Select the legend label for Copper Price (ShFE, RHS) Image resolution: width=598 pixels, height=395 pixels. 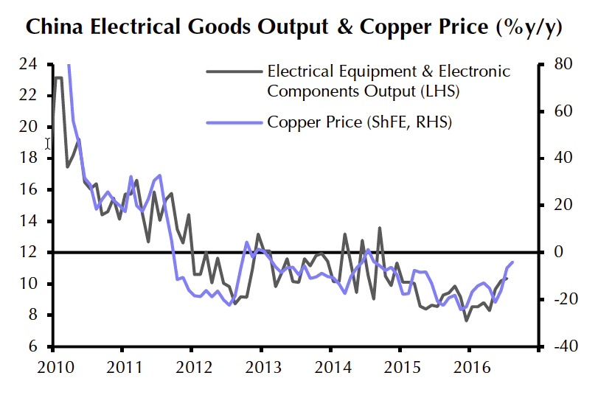pos(359,122)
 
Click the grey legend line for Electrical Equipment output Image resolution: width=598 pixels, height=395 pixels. pos(233,72)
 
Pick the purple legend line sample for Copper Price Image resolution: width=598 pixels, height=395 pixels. pos(233,122)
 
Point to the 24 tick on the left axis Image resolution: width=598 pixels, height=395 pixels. pos(29,64)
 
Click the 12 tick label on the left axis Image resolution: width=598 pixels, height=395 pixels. pos(29,253)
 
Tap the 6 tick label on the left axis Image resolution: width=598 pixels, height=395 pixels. pos(33,347)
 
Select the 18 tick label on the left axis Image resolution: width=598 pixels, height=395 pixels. pos(29,158)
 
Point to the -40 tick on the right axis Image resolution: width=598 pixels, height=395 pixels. pos(558,347)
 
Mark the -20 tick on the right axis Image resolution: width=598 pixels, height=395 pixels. pos(558,300)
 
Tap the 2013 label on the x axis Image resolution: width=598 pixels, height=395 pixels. pos(262,366)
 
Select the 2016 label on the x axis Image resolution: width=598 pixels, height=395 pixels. pos(470,366)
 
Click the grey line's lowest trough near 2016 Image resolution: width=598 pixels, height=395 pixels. pos(466,321)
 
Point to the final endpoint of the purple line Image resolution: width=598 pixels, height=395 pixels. pos(512,262)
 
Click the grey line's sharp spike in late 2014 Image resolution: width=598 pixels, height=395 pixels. pos(380,228)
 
